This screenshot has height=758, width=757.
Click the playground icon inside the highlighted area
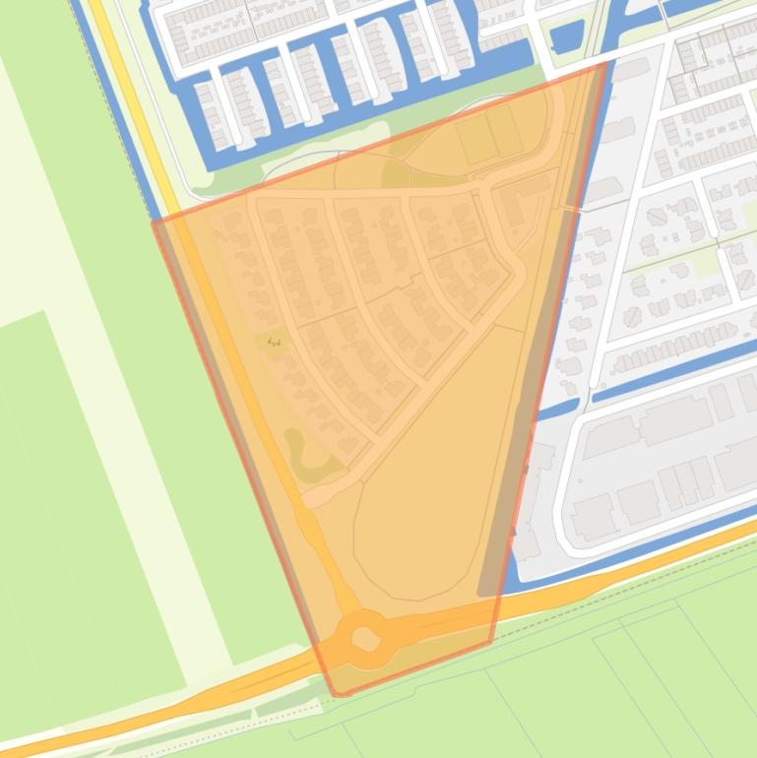coord(274,343)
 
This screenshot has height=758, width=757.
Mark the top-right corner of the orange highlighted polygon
coord(603,65)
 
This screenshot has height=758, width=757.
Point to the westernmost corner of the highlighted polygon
coord(154,221)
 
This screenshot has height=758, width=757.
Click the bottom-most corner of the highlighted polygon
coord(338,695)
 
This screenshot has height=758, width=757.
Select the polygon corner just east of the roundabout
coord(490,643)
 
